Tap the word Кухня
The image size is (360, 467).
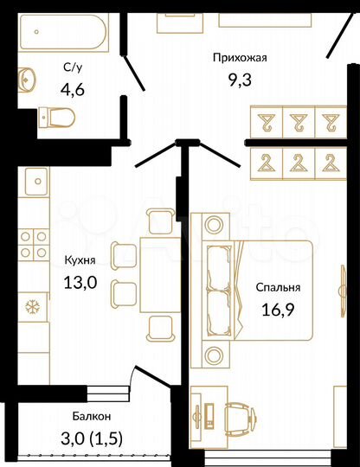coord(80,259)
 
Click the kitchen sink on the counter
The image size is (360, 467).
coord(37,184)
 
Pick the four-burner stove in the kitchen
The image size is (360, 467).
coord(36,243)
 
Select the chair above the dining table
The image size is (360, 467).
coord(159,222)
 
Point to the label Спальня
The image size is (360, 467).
coord(278,288)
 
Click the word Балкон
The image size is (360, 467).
coord(90,416)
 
